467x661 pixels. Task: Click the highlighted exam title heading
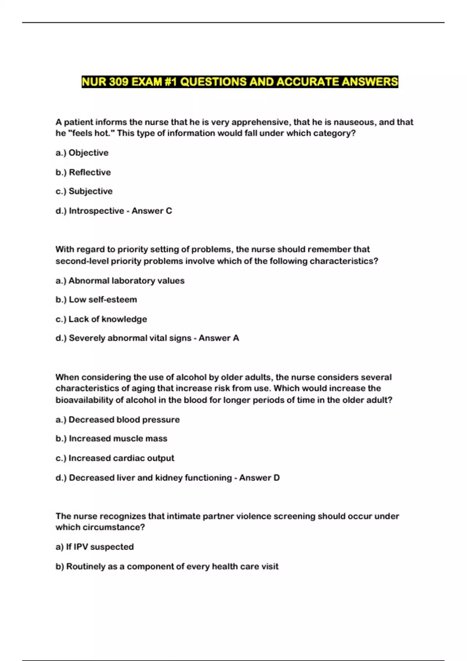coord(240,82)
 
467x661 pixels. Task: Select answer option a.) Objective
coord(82,153)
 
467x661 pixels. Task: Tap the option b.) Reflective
coord(83,172)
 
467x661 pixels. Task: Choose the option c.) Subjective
coord(84,191)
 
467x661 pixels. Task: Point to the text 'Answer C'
coord(152,211)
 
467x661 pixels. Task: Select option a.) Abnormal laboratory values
coord(120,281)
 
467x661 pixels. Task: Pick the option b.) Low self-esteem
coord(97,300)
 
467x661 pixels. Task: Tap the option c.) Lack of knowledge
coord(101,319)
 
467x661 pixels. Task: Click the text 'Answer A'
coord(219,338)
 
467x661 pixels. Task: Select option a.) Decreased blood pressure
coord(118,420)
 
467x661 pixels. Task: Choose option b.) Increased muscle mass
coord(112,439)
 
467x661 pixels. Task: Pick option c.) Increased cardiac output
coord(115,458)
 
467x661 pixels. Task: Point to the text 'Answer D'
coord(260,478)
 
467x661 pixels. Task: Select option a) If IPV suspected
coord(95,547)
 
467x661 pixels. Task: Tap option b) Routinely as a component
coord(167,567)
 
